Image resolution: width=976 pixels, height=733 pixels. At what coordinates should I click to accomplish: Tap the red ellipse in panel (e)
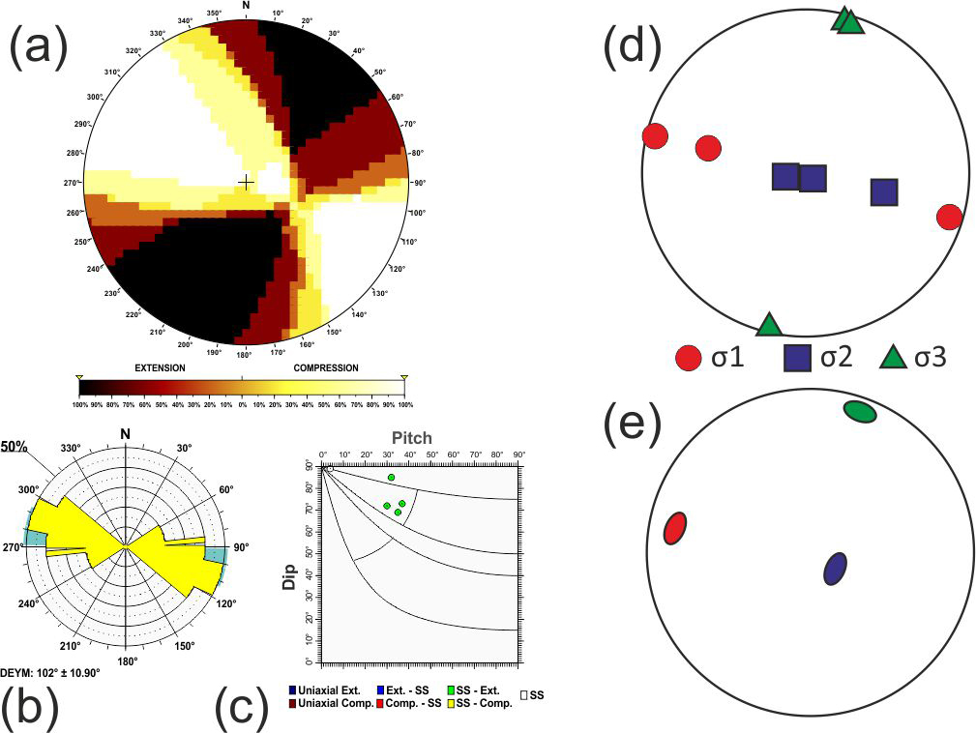click(x=675, y=527)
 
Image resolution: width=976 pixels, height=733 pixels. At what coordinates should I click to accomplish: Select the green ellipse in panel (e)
click(x=859, y=412)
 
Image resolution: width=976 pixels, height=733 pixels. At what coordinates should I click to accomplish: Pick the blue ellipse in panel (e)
click(x=836, y=569)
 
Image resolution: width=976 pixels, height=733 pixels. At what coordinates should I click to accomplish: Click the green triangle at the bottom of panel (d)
click(x=769, y=325)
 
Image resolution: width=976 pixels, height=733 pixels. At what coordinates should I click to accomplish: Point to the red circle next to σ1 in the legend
click(x=688, y=360)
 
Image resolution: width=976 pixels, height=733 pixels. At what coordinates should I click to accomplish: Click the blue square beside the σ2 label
click(x=797, y=360)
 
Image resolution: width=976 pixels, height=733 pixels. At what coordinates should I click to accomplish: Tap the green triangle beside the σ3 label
click(x=894, y=359)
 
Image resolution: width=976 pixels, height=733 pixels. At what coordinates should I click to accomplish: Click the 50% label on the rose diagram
click(x=14, y=448)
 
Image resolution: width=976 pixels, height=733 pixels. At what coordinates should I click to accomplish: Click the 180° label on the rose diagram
click(x=127, y=661)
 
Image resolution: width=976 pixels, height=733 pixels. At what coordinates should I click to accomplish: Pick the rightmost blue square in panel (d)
click(x=884, y=192)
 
